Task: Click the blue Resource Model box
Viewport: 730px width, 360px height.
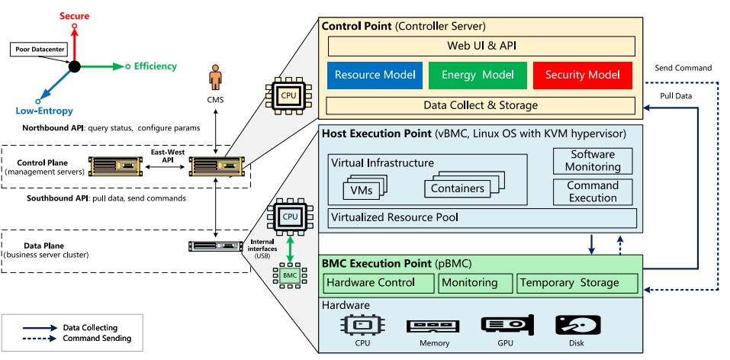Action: pyautogui.click(x=375, y=75)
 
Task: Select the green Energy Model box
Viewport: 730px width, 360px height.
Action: pyautogui.click(x=478, y=75)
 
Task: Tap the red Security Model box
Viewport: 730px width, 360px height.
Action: pyautogui.click(x=582, y=75)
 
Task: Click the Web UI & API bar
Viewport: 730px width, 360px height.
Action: pyautogui.click(x=481, y=46)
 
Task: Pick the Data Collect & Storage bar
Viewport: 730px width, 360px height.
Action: pyautogui.click(x=481, y=105)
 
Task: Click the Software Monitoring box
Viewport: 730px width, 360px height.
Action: pyautogui.click(x=593, y=160)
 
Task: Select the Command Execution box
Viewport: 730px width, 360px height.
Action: pyautogui.click(x=593, y=191)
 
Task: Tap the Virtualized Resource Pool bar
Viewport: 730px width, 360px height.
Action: pyautogui.click(x=481, y=217)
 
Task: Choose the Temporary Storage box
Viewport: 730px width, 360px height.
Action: pyautogui.click(x=576, y=283)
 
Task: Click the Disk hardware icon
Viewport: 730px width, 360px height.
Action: pyautogui.click(x=577, y=326)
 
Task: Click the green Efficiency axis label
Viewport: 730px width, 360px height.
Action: pyautogui.click(x=155, y=66)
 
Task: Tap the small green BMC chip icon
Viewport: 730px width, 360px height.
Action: pyautogui.click(x=289, y=275)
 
